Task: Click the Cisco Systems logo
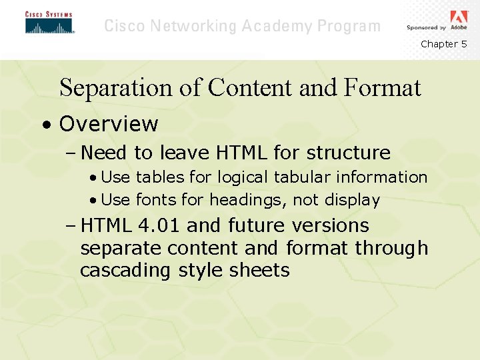[x=49, y=23]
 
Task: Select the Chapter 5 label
[x=443, y=44]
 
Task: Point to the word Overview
[x=109, y=124]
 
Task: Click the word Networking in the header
[x=194, y=27]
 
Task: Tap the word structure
[x=349, y=153]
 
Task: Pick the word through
[x=391, y=249]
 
